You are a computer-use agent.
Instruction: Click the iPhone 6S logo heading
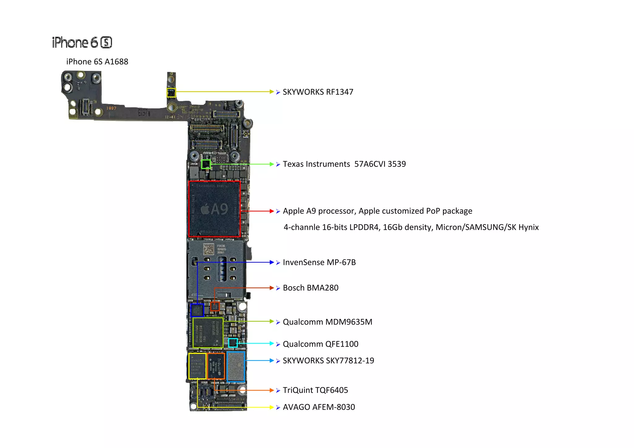(x=82, y=42)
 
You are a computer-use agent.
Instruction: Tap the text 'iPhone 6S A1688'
(x=97, y=62)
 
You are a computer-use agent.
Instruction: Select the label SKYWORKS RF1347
(x=318, y=92)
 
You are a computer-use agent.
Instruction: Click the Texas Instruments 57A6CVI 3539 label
(x=344, y=164)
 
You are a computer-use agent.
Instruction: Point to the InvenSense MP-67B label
(x=319, y=262)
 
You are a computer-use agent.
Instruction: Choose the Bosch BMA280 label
(x=310, y=288)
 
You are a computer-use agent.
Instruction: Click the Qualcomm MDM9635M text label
(x=327, y=322)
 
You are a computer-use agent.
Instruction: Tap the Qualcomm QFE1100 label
(x=320, y=344)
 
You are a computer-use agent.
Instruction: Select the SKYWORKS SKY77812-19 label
(x=328, y=360)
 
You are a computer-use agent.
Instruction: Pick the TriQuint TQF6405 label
(x=315, y=390)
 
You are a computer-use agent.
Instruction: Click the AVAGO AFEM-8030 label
(x=319, y=407)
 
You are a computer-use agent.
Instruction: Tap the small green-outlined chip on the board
(x=206, y=164)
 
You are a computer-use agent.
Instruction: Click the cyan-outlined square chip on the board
(x=233, y=343)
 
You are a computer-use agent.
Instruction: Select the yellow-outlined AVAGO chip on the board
(x=197, y=366)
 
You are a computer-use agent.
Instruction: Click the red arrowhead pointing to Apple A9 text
(x=271, y=211)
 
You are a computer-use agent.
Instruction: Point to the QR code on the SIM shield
(x=208, y=249)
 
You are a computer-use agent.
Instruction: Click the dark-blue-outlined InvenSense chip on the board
(x=197, y=310)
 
